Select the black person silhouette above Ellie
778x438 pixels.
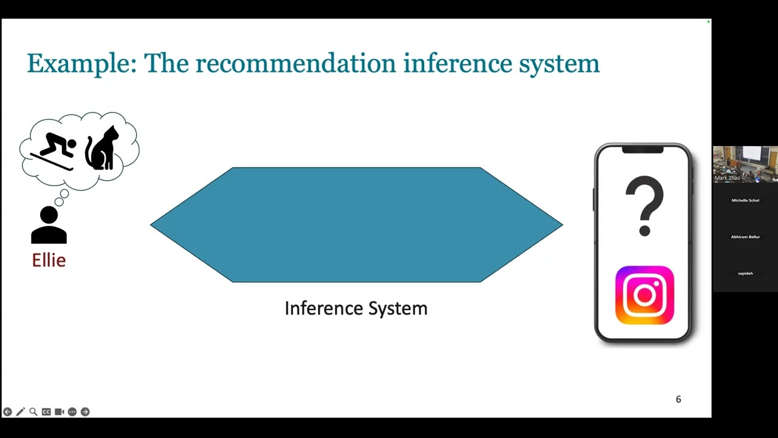(x=49, y=225)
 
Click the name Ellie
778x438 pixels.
(x=49, y=260)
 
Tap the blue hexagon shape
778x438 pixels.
(x=356, y=224)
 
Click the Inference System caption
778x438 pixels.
(x=356, y=308)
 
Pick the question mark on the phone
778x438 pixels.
(x=644, y=206)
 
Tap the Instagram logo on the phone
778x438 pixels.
(x=644, y=295)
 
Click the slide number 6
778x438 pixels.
(x=678, y=399)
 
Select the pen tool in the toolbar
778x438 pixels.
(x=20, y=412)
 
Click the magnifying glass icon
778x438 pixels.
(x=33, y=412)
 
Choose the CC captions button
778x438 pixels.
(x=46, y=412)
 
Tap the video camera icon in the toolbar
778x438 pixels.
(x=59, y=412)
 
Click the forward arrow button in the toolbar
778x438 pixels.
(x=85, y=412)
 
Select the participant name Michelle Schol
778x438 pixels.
(x=745, y=200)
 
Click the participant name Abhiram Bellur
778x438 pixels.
(x=745, y=237)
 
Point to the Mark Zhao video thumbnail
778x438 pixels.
(x=745, y=164)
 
